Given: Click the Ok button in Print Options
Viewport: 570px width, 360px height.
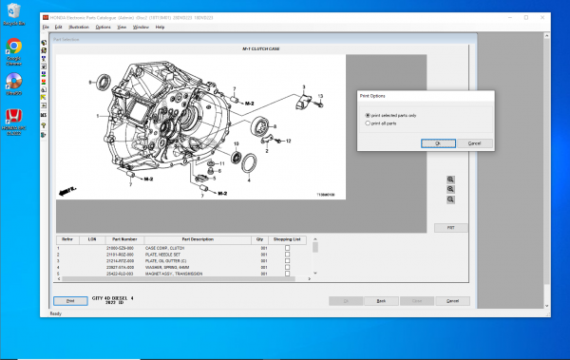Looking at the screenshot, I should [437, 142].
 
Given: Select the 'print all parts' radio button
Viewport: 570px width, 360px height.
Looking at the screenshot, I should [369, 123].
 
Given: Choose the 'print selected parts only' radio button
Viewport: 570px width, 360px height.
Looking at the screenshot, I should [369, 116].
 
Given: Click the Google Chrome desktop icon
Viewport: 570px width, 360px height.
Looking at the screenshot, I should [14, 48].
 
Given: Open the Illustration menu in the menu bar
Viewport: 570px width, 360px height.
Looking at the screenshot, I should [79, 27].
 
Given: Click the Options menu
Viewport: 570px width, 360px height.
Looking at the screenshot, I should [103, 27].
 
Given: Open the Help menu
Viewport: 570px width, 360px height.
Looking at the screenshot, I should [160, 27].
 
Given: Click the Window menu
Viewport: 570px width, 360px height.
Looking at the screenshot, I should [141, 27].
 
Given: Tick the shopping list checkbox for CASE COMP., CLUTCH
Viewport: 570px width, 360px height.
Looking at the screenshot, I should [288, 248].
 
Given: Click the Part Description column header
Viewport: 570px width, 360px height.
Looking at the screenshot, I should [199, 239].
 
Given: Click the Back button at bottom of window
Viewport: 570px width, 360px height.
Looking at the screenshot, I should [381, 300].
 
